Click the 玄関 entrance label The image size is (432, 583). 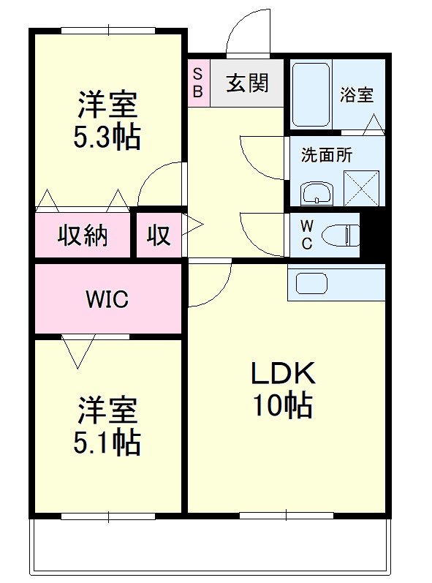[x=247, y=83]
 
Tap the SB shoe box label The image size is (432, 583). [x=198, y=83]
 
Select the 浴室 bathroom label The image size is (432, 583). [x=357, y=94]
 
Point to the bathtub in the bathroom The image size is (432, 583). [x=311, y=95]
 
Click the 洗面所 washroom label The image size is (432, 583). [x=327, y=154]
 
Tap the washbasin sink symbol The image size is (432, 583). [x=317, y=193]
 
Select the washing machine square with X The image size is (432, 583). [x=361, y=188]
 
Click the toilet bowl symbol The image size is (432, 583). [x=341, y=236]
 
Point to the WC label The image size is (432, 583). [x=307, y=235]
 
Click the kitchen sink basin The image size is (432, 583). [x=311, y=283]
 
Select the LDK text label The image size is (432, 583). [x=284, y=373]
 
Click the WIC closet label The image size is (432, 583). [x=107, y=298]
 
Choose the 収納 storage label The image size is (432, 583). [x=83, y=235]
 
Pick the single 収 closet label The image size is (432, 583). [x=159, y=235]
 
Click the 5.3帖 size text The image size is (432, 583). [x=107, y=137]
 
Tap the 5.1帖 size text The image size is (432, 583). [x=107, y=443]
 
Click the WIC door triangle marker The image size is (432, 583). [x=78, y=351]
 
